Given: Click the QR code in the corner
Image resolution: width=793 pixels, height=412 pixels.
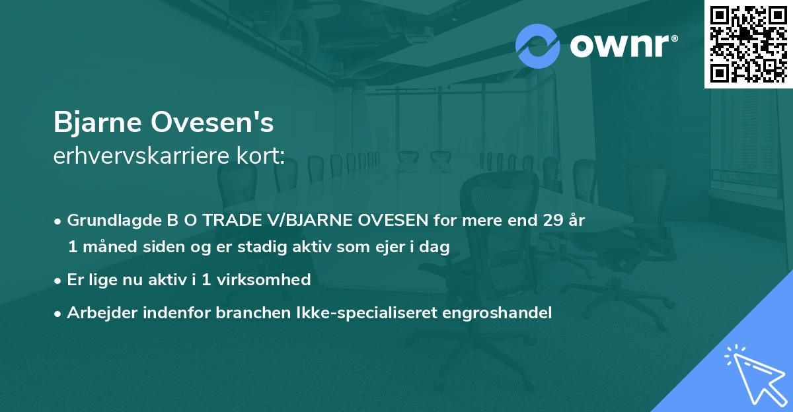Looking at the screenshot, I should click(x=748, y=44).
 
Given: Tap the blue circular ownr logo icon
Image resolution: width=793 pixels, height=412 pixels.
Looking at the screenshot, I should click(x=538, y=46).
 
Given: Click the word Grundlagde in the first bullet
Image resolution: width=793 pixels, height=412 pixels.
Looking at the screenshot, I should click(x=108, y=221).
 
